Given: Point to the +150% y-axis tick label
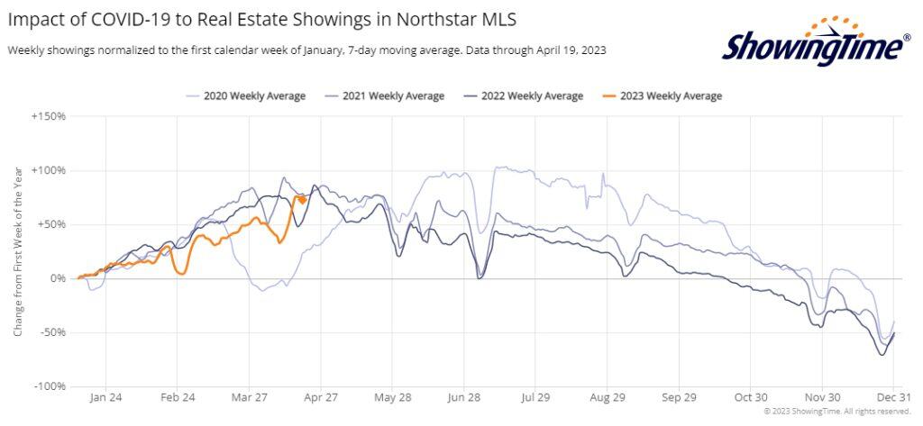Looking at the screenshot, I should pyautogui.click(x=48, y=116).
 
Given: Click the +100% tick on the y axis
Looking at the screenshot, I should pyautogui.click(x=48, y=170).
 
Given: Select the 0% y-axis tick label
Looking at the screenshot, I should pyautogui.click(x=58, y=278).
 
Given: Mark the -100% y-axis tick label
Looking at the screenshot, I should pyautogui.click(x=49, y=386).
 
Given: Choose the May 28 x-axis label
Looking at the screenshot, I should pyautogui.click(x=391, y=397).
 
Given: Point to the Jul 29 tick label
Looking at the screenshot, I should pyautogui.click(x=535, y=397).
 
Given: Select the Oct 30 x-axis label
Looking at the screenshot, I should pyautogui.click(x=750, y=397).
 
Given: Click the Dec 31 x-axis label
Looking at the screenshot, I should pyautogui.click(x=893, y=397).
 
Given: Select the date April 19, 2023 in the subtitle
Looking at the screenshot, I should pyautogui.click(x=565, y=50).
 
